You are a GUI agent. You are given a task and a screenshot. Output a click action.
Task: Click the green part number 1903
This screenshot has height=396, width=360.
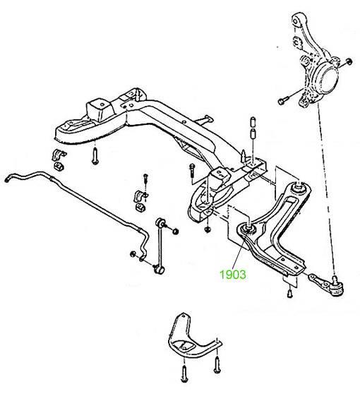click(x=233, y=275)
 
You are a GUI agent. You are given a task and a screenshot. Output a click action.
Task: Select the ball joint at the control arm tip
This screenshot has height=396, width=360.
click(x=337, y=287)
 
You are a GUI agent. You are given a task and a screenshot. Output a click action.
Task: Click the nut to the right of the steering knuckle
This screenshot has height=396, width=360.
click(x=349, y=61)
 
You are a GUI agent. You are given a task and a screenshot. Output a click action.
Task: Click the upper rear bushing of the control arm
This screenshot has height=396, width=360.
click(x=299, y=187)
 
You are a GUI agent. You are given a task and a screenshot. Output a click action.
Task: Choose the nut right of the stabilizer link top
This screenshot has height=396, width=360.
click(x=176, y=231)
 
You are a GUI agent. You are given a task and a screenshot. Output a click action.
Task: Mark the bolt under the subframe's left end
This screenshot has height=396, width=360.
click(x=95, y=157)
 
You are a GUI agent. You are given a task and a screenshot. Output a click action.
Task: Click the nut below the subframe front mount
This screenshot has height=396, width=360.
click(x=208, y=229)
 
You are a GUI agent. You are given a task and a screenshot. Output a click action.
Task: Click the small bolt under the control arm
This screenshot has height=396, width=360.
click(x=290, y=293)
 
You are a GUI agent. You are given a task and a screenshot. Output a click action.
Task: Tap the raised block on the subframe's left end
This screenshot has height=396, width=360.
click(x=100, y=109)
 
